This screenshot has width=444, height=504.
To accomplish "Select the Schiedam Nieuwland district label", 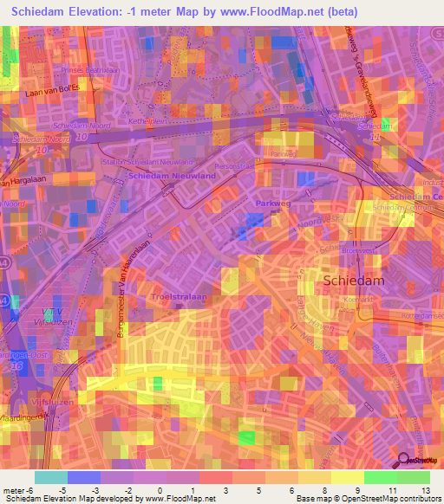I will click(172, 176).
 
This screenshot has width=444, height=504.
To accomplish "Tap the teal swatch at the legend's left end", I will click(51, 477).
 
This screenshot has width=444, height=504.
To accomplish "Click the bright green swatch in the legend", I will click(381, 477).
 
